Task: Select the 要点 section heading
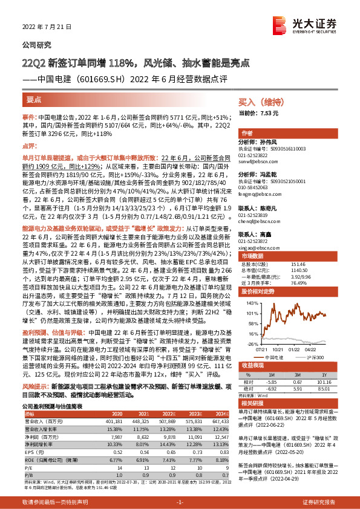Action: coord(34,98)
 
